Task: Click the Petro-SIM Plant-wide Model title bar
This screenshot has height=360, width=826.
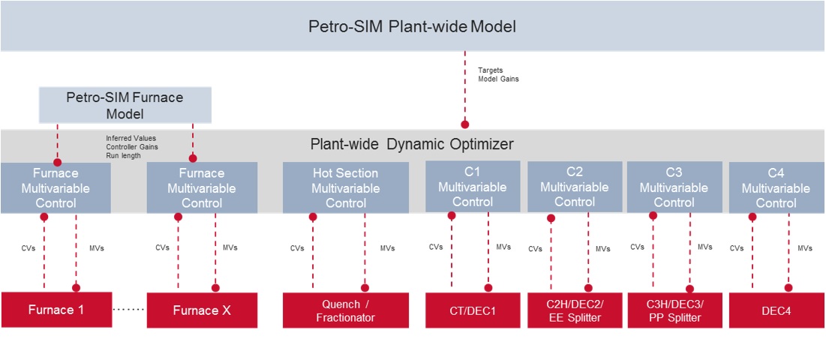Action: click(x=413, y=26)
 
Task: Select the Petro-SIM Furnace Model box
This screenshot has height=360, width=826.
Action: click(x=125, y=106)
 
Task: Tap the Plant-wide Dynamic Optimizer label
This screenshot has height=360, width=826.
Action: click(x=412, y=144)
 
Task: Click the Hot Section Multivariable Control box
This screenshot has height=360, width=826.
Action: click(x=346, y=187)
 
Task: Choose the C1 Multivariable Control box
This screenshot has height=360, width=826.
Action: click(x=473, y=187)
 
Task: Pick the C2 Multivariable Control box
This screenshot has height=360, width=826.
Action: click(x=575, y=187)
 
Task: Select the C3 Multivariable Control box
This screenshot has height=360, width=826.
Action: click(x=674, y=187)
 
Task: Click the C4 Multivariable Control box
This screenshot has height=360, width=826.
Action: click(x=776, y=188)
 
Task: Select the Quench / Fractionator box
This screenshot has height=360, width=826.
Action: click(x=346, y=310)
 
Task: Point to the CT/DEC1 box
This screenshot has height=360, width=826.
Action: click(x=473, y=310)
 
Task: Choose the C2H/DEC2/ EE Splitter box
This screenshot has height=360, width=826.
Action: click(x=575, y=310)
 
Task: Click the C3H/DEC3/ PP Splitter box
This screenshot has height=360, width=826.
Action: click(x=674, y=310)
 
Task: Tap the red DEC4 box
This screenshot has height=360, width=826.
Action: click(x=776, y=310)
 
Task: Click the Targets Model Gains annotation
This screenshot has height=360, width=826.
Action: click(x=498, y=74)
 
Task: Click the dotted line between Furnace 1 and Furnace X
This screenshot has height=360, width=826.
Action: click(x=128, y=310)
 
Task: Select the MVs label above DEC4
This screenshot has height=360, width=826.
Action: click(x=804, y=248)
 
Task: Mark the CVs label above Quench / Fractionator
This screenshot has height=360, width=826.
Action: click(x=297, y=248)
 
